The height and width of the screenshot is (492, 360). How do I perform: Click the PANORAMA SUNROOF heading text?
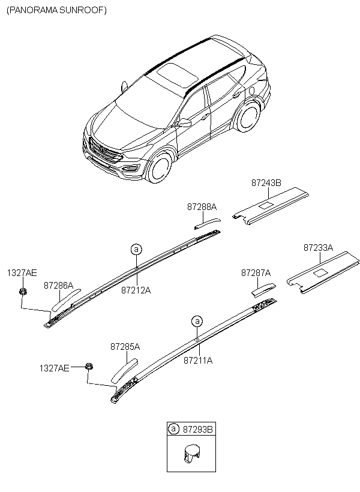tap(56, 10)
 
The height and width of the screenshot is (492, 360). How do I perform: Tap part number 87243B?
tap(266, 182)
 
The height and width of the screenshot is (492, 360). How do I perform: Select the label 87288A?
tap(202, 206)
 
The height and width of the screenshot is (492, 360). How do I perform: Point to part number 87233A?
tap(318, 247)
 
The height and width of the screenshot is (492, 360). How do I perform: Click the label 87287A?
tap(256, 272)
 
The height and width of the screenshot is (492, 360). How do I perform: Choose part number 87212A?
tap(136, 290)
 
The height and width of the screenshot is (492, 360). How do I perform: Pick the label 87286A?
tap(58, 286)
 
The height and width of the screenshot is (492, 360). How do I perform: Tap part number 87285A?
tap(125, 347)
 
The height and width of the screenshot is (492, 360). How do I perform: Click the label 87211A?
tap(198, 361)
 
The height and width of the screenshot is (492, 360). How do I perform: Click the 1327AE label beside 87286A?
tap(22, 272)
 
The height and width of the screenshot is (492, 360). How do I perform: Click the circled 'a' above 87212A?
tap(136, 248)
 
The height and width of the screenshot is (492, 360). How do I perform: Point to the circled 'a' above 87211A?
tap(197, 320)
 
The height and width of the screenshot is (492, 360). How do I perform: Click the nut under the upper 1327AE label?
tap(23, 292)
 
